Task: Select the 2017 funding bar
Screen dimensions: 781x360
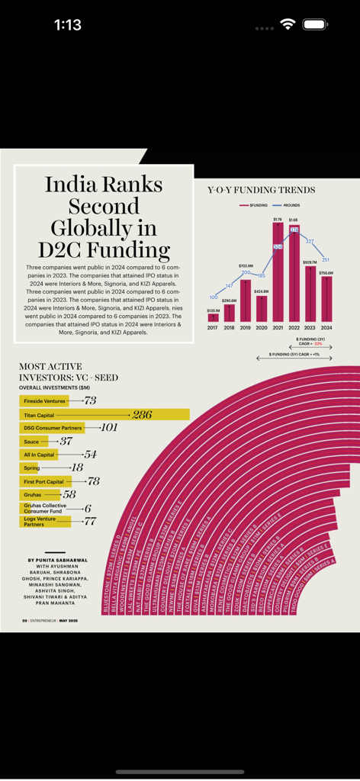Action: click(213, 317)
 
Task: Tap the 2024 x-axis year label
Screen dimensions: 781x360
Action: click(326, 328)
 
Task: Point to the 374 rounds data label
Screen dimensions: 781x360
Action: click(294, 230)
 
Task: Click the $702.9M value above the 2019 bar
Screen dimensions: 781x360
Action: click(245, 266)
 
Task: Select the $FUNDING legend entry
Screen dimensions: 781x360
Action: click(256, 205)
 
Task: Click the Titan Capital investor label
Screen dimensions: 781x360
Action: click(39, 415)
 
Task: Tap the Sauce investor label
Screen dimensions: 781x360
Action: click(31, 442)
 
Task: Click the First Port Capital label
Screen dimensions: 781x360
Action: click(43, 482)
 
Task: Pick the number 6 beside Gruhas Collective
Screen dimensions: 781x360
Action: click(88, 509)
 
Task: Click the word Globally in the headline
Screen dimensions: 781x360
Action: click(103, 227)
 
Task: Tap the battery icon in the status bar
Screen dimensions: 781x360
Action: click(315, 24)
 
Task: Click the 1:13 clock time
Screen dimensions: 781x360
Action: click(67, 25)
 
